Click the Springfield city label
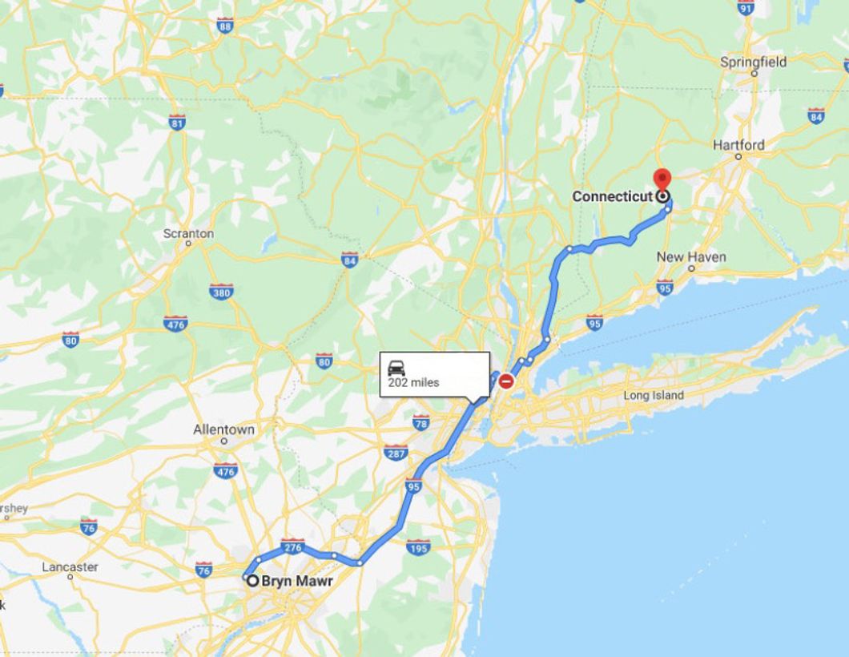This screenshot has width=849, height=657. (x=753, y=62)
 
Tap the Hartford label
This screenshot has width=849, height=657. (x=738, y=145)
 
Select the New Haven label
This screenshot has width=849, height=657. (x=691, y=256)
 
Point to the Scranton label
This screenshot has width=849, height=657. (x=188, y=233)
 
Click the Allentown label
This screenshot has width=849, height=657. (x=223, y=429)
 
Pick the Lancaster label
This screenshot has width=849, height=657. (x=70, y=567)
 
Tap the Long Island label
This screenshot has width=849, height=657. (x=654, y=395)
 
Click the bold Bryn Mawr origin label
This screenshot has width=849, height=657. (x=296, y=581)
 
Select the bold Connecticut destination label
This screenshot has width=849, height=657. (x=612, y=196)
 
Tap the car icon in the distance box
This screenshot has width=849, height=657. (x=396, y=368)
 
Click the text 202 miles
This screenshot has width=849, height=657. (x=413, y=383)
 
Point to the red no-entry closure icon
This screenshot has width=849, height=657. (x=506, y=381)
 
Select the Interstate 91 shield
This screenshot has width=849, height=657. (x=746, y=7)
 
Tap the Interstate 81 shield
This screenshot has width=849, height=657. (x=177, y=122)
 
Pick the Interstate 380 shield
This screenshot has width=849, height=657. (x=221, y=292)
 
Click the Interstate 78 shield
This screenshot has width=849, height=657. (x=421, y=422)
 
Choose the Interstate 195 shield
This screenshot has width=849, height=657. (x=418, y=547)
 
